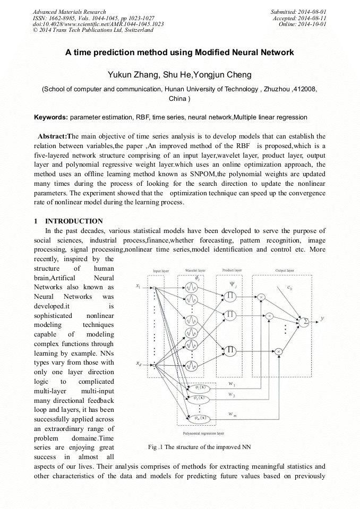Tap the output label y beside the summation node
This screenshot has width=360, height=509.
pyautogui.click(x=323, y=318)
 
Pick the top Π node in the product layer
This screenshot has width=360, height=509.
pyautogui.click(x=231, y=296)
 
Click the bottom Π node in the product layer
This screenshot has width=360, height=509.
pyautogui.click(x=231, y=350)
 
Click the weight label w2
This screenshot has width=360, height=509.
pyautogui.click(x=232, y=394)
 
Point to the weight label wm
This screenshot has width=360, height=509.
pyautogui.click(x=232, y=413)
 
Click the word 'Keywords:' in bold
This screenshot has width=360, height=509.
pyautogui.click(x=51, y=116)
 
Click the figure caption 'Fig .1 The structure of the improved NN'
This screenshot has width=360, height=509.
pyautogui.click(x=200, y=447)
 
